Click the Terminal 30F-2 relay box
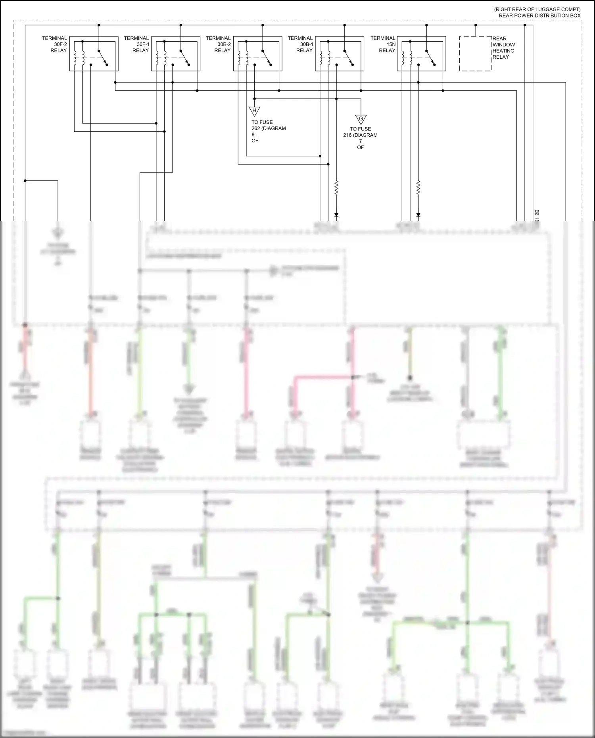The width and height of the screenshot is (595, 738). coord(94,54)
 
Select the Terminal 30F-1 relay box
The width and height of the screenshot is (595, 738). coord(176,54)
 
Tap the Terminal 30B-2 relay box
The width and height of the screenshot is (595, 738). coord(257,54)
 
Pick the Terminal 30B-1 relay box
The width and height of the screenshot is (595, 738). coord(340,54)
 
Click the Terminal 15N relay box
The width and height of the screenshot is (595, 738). coord(421,54)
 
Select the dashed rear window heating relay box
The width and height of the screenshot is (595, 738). coord(476,54)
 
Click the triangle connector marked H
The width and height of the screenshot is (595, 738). coord(254,111)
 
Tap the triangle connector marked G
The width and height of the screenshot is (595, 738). coord(361,119)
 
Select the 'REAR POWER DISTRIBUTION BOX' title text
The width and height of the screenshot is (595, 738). coord(539,15)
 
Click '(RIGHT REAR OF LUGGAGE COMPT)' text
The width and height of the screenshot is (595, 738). coord(537,9)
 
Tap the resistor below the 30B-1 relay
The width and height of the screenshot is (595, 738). coord(336,188)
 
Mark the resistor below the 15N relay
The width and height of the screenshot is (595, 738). coord(418,188)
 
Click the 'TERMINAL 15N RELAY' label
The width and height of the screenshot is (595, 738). coord(383,44)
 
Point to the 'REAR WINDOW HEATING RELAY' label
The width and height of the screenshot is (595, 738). coord(503,48)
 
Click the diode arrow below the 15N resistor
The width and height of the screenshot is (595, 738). coord(418,215)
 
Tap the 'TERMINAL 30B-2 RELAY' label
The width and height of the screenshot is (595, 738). coord(219,44)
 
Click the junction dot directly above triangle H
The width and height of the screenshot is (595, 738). coord(254,99)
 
